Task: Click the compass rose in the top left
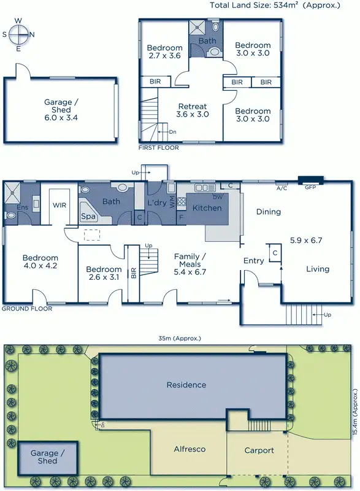18,34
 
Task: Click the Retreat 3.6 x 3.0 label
192,110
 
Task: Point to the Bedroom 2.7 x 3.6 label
165,52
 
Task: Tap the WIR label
59,205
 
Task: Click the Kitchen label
207,208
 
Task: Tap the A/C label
282,188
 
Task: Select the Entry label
253,261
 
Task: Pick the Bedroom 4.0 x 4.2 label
40,262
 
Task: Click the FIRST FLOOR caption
159,148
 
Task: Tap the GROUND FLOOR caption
27,309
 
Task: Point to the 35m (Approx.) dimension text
180,338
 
